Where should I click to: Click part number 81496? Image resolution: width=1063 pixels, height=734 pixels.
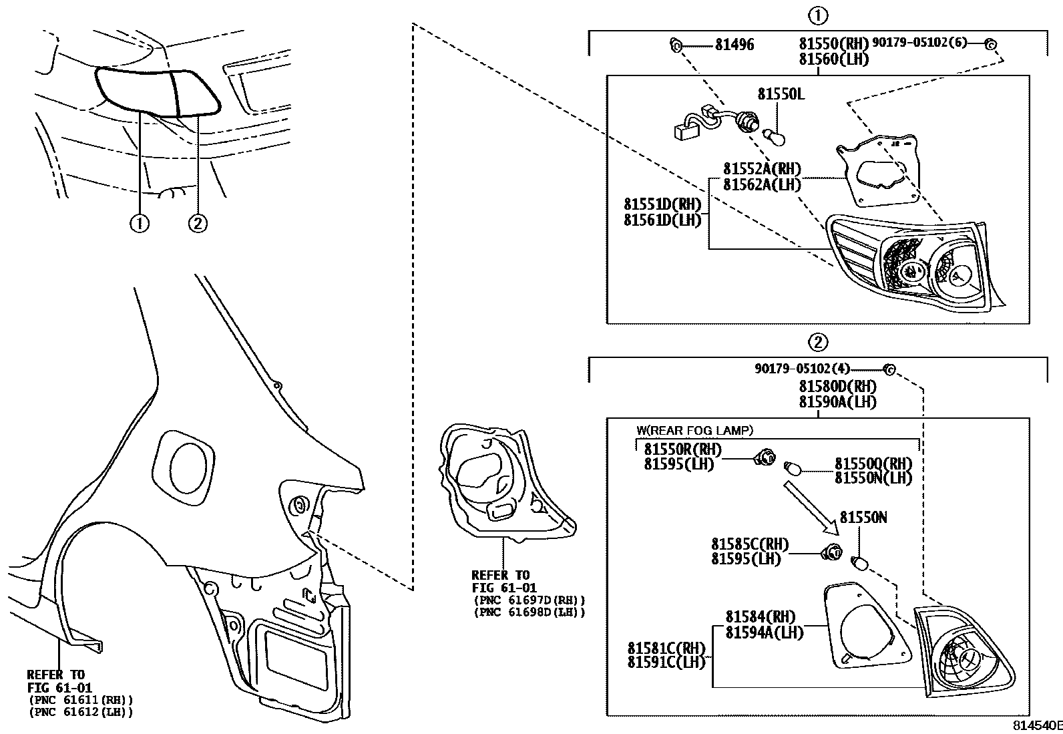coord(734,45)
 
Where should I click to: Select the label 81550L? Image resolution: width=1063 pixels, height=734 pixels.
coord(781,94)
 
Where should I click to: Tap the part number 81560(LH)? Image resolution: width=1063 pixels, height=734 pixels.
coord(833,59)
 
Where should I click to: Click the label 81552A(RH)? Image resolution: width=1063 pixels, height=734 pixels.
coord(761,169)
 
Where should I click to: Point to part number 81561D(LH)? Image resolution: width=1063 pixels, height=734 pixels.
coord(662,220)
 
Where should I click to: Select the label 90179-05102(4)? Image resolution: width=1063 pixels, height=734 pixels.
coord(803,368)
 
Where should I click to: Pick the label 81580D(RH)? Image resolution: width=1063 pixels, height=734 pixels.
coord(837,386)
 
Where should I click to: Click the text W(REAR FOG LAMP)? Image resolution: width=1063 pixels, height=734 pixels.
coord(694,431)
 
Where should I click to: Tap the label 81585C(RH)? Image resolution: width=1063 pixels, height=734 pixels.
coord(749,544)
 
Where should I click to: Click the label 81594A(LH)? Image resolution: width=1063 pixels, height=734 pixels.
coord(764,632)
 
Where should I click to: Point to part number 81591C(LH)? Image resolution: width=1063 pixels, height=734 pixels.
coord(666,663)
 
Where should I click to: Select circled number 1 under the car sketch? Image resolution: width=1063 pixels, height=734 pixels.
coord(139,224)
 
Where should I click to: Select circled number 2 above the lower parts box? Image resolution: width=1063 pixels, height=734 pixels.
coord(817,342)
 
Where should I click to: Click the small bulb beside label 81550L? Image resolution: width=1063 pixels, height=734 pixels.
coord(777,137)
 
